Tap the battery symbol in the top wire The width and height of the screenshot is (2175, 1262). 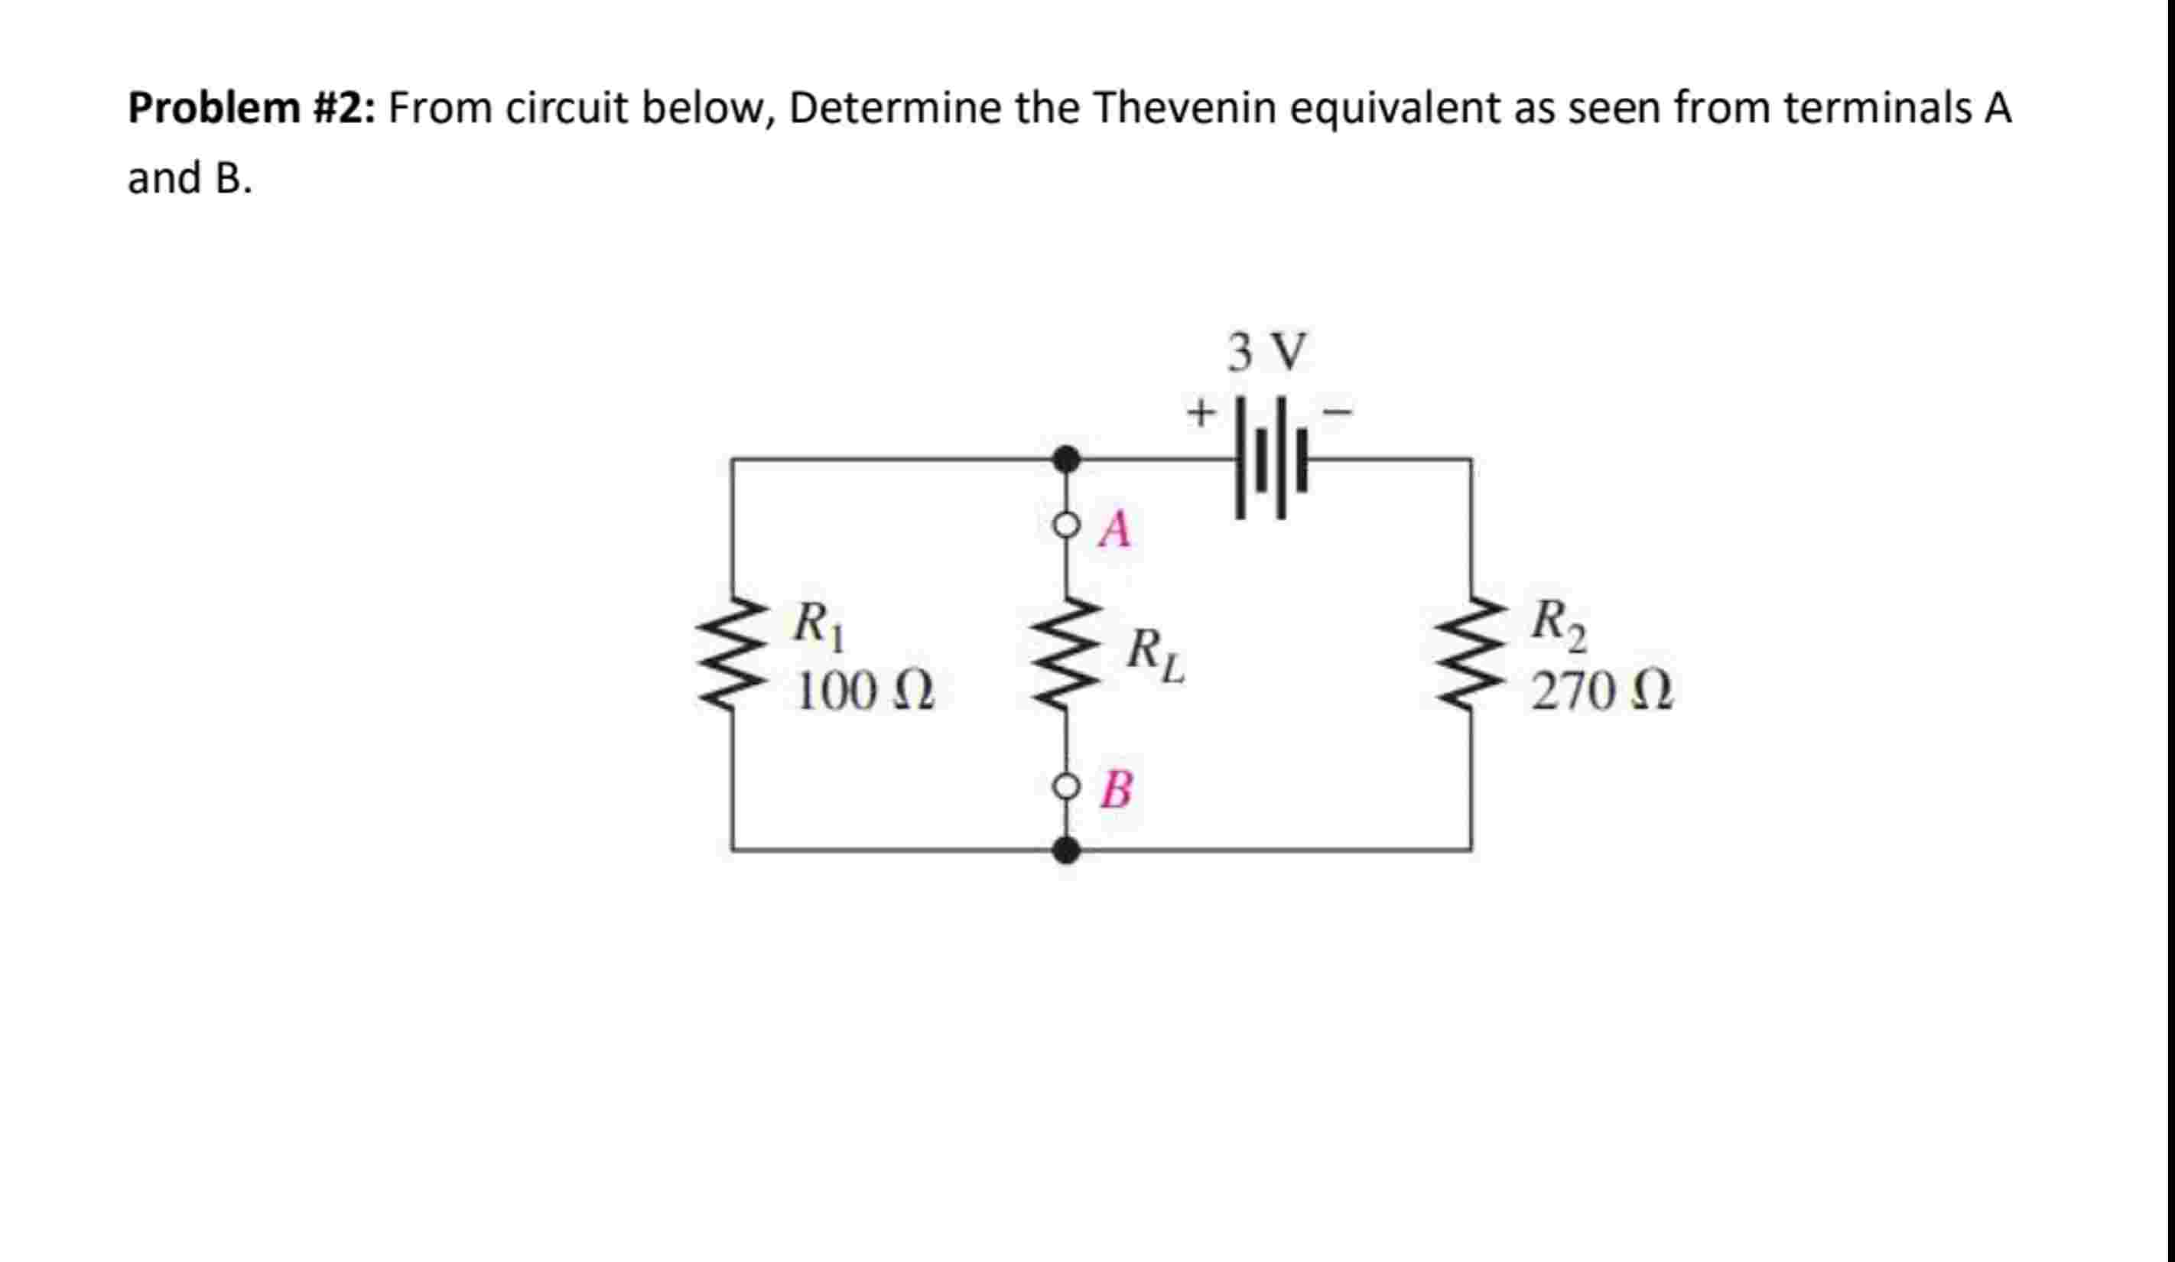click(x=1270, y=458)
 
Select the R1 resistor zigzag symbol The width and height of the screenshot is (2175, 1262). click(x=733, y=652)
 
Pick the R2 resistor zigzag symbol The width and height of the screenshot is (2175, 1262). click(x=1471, y=652)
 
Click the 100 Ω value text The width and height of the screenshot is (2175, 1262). click(x=865, y=692)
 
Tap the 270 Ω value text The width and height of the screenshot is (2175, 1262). click(x=1602, y=692)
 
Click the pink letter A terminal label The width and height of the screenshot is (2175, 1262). click(x=1115, y=529)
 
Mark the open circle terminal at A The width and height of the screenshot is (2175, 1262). click(x=1067, y=525)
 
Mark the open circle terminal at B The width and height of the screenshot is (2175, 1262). click(x=1067, y=786)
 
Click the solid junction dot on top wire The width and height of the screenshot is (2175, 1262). click(x=1067, y=458)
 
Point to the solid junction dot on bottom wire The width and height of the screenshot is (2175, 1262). click(x=1067, y=851)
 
